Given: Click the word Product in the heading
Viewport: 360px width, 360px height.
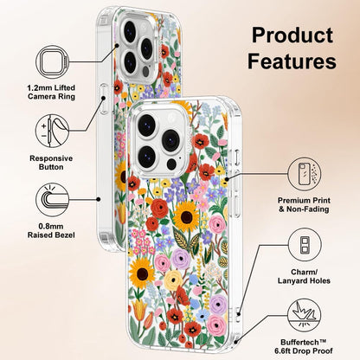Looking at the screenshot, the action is [x=292, y=35].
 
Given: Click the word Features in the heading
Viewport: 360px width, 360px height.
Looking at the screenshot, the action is [x=292, y=61].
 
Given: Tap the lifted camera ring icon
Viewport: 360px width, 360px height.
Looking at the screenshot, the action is [x=53, y=62].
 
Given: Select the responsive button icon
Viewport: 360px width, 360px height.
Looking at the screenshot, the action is [x=53, y=131].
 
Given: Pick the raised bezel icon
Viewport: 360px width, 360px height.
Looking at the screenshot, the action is [x=53, y=200].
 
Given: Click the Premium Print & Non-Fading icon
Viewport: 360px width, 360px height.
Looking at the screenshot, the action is [x=305, y=174].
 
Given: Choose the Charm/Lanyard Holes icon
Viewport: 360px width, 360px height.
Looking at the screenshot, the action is [x=305, y=245].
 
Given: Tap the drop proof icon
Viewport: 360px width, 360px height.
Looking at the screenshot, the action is [x=305, y=315].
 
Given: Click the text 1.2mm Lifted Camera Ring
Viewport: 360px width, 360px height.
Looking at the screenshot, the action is [x=51, y=92].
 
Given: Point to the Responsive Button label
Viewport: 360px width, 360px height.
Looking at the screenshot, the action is [x=51, y=163].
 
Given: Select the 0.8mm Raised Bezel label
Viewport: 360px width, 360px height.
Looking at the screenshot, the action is [x=51, y=230].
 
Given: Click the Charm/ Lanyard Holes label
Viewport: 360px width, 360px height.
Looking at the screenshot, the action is [x=304, y=276].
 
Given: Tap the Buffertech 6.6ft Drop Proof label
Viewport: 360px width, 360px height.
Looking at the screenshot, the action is [x=304, y=347].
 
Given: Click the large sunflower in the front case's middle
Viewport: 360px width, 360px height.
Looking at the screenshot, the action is [x=186, y=215].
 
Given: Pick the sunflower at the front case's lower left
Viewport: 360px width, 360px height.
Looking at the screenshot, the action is [x=142, y=273].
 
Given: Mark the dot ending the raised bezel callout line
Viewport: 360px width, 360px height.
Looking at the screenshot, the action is [x=99, y=199].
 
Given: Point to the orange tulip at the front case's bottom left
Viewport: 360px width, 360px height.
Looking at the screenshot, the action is [x=139, y=310].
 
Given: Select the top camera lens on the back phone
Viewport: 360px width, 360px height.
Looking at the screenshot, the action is [x=130, y=31].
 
